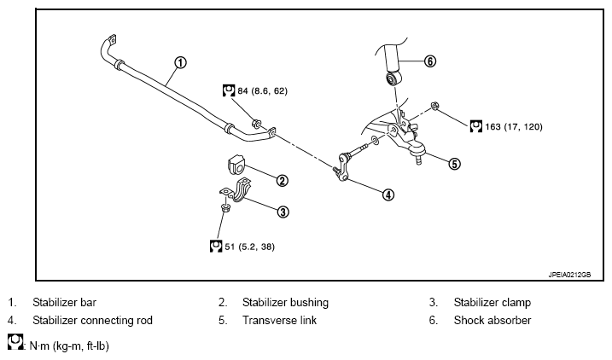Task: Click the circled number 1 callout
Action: [x=180, y=62]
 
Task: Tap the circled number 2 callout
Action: [x=282, y=181]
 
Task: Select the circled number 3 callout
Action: [x=283, y=212]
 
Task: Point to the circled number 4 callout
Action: [x=388, y=195]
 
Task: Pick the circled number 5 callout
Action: [x=454, y=164]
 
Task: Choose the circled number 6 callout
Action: [x=429, y=61]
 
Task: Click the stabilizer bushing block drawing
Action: [x=236, y=164]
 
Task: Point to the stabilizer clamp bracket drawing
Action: [x=236, y=190]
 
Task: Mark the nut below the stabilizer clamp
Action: [x=224, y=207]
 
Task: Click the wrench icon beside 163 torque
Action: [x=475, y=126]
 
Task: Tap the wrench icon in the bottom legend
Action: [x=15, y=341]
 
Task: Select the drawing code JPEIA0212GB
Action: [x=569, y=275]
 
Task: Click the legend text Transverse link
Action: [x=279, y=321]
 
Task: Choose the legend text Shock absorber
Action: [x=493, y=321]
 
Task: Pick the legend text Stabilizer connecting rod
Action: [x=92, y=321]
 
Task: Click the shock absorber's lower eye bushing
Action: [x=392, y=78]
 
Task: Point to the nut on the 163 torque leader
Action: [x=434, y=106]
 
